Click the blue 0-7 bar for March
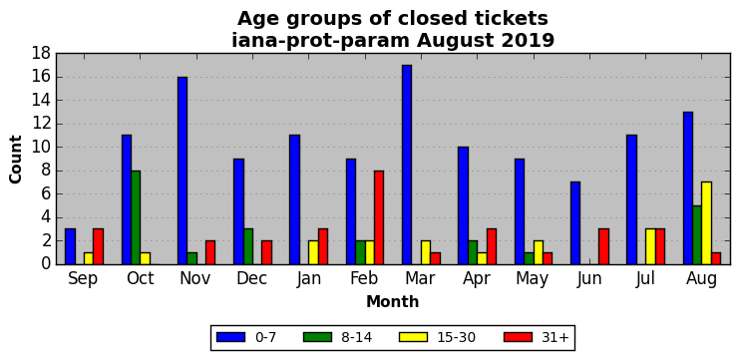click(x=407, y=165)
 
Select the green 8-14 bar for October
click(x=136, y=217)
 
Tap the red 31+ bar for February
click(x=379, y=217)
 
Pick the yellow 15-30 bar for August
click(x=706, y=223)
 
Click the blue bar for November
click(x=183, y=171)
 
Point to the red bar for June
click(x=603, y=247)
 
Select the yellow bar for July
click(x=650, y=247)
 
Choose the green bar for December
click(x=248, y=247)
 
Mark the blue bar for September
click(x=70, y=247)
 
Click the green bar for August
click(x=697, y=235)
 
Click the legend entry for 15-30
click(x=437, y=337)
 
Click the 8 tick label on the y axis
click(x=47, y=171)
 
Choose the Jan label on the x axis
click(x=309, y=278)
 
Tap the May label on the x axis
click(x=533, y=279)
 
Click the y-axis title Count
click(x=16, y=160)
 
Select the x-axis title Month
click(x=393, y=301)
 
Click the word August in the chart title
click(x=451, y=42)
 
